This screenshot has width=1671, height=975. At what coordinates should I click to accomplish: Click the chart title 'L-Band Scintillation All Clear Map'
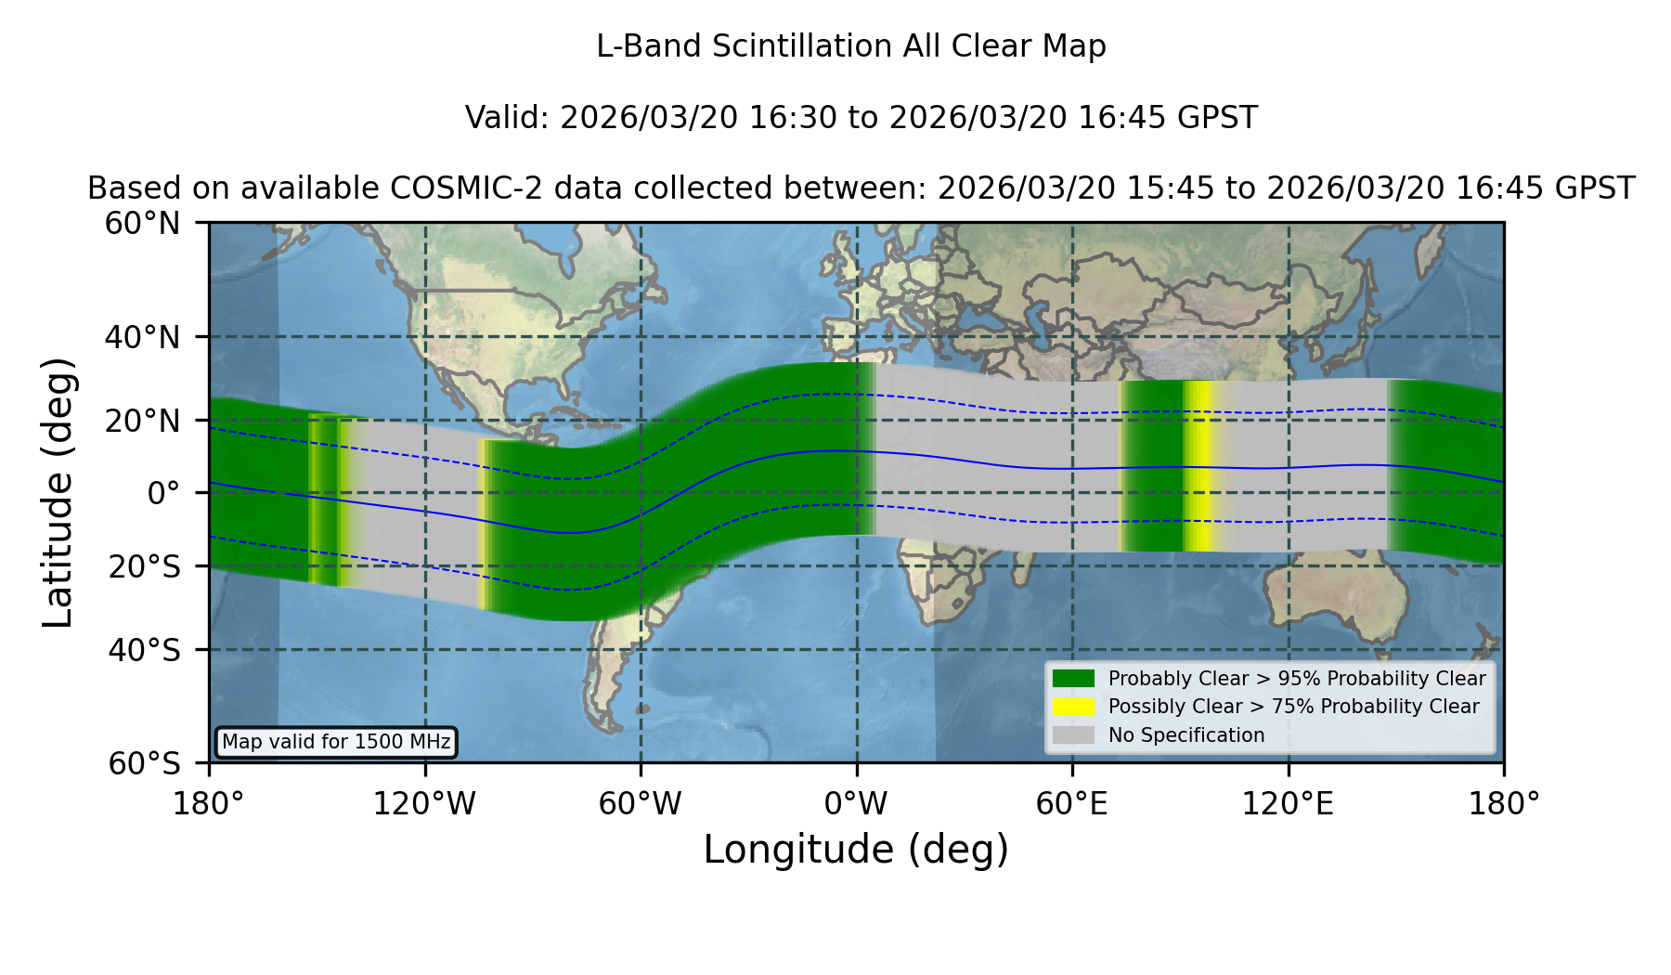pyautogui.click(x=851, y=46)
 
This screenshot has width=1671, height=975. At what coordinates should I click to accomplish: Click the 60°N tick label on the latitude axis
pyautogui.click(x=142, y=224)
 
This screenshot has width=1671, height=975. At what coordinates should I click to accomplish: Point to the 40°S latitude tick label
pyautogui.click(x=144, y=650)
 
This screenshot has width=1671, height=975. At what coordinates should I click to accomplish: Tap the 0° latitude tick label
pyautogui.click(x=163, y=493)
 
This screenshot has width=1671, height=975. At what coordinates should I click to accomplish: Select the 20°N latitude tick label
pyautogui.click(x=142, y=421)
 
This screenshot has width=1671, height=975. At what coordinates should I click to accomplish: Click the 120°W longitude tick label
pyautogui.click(x=424, y=803)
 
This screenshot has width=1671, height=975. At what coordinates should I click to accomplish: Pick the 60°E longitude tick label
pyautogui.click(x=1072, y=803)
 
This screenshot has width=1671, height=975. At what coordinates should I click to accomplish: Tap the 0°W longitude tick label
pyautogui.click(x=856, y=803)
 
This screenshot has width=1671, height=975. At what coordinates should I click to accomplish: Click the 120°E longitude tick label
pyautogui.click(x=1288, y=803)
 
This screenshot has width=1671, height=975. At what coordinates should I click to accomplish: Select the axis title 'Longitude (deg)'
pyautogui.click(x=856, y=850)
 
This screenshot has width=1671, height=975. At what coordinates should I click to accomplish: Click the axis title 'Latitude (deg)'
pyautogui.click(x=58, y=493)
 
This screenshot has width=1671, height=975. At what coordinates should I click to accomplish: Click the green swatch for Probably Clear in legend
pyautogui.click(x=1074, y=679)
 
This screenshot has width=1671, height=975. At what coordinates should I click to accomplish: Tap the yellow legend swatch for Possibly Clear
pyautogui.click(x=1074, y=707)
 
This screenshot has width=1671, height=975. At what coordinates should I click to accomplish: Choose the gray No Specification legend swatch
pyautogui.click(x=1074, y=735)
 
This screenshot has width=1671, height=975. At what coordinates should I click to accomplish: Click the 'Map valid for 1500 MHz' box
pyautogui.click(x=336, y=742)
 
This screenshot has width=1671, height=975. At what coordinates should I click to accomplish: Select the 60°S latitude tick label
pyautogui.click(x=144, y=764)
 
